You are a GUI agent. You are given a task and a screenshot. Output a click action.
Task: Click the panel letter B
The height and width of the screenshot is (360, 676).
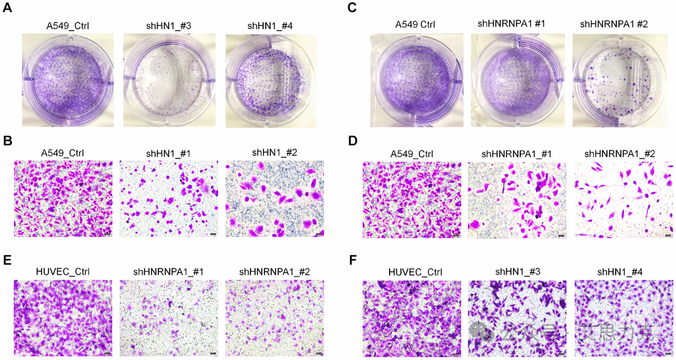pyautogui.click(x=8, y=141)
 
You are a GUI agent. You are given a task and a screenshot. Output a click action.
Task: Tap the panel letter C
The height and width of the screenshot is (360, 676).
pyautogui.click(x=352, y=8)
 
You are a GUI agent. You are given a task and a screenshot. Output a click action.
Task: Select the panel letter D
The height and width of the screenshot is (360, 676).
pyautogui.click(x=352, y=141)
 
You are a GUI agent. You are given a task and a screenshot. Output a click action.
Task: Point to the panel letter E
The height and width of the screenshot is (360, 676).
pyautogui.click(x=8, y=259)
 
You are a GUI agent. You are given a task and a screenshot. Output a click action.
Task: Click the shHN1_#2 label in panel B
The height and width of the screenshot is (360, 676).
pyautogui.click(x=274, y=152)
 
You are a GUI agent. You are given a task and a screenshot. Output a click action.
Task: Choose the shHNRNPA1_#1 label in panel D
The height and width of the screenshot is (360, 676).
pyautogui.click(x=516, y=154)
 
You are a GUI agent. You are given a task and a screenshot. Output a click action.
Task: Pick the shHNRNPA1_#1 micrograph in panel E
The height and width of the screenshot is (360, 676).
pyautogui.click(x=169, y=318)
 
